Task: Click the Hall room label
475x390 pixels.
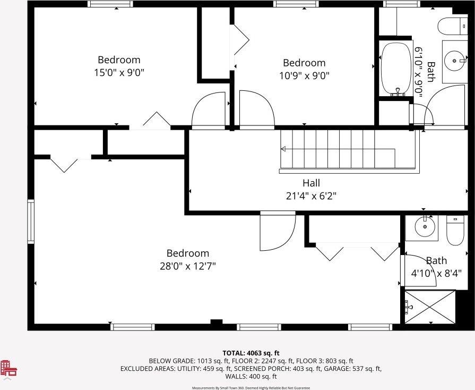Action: click(x=311, y=183)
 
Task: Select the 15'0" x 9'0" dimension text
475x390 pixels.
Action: click(x=119, y=73)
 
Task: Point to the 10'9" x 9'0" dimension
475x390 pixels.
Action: click(x=304, y=75)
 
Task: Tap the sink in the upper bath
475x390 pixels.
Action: click(x=454, y=61)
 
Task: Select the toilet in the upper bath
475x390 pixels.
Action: click(x=451, y=25)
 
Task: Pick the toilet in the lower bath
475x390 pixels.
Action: click(x=455, y=232)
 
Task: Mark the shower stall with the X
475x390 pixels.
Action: click(x=430, y=307)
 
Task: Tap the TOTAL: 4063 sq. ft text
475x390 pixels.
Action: click(x=251, y=353)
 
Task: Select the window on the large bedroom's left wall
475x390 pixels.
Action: click(x=31, y=221)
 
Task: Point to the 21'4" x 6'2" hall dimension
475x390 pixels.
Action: click(x=311, y=196)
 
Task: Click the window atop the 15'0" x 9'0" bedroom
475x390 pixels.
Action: click(x=110, y=4)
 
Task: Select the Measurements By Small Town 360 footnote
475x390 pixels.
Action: click(x=251, y=388)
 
